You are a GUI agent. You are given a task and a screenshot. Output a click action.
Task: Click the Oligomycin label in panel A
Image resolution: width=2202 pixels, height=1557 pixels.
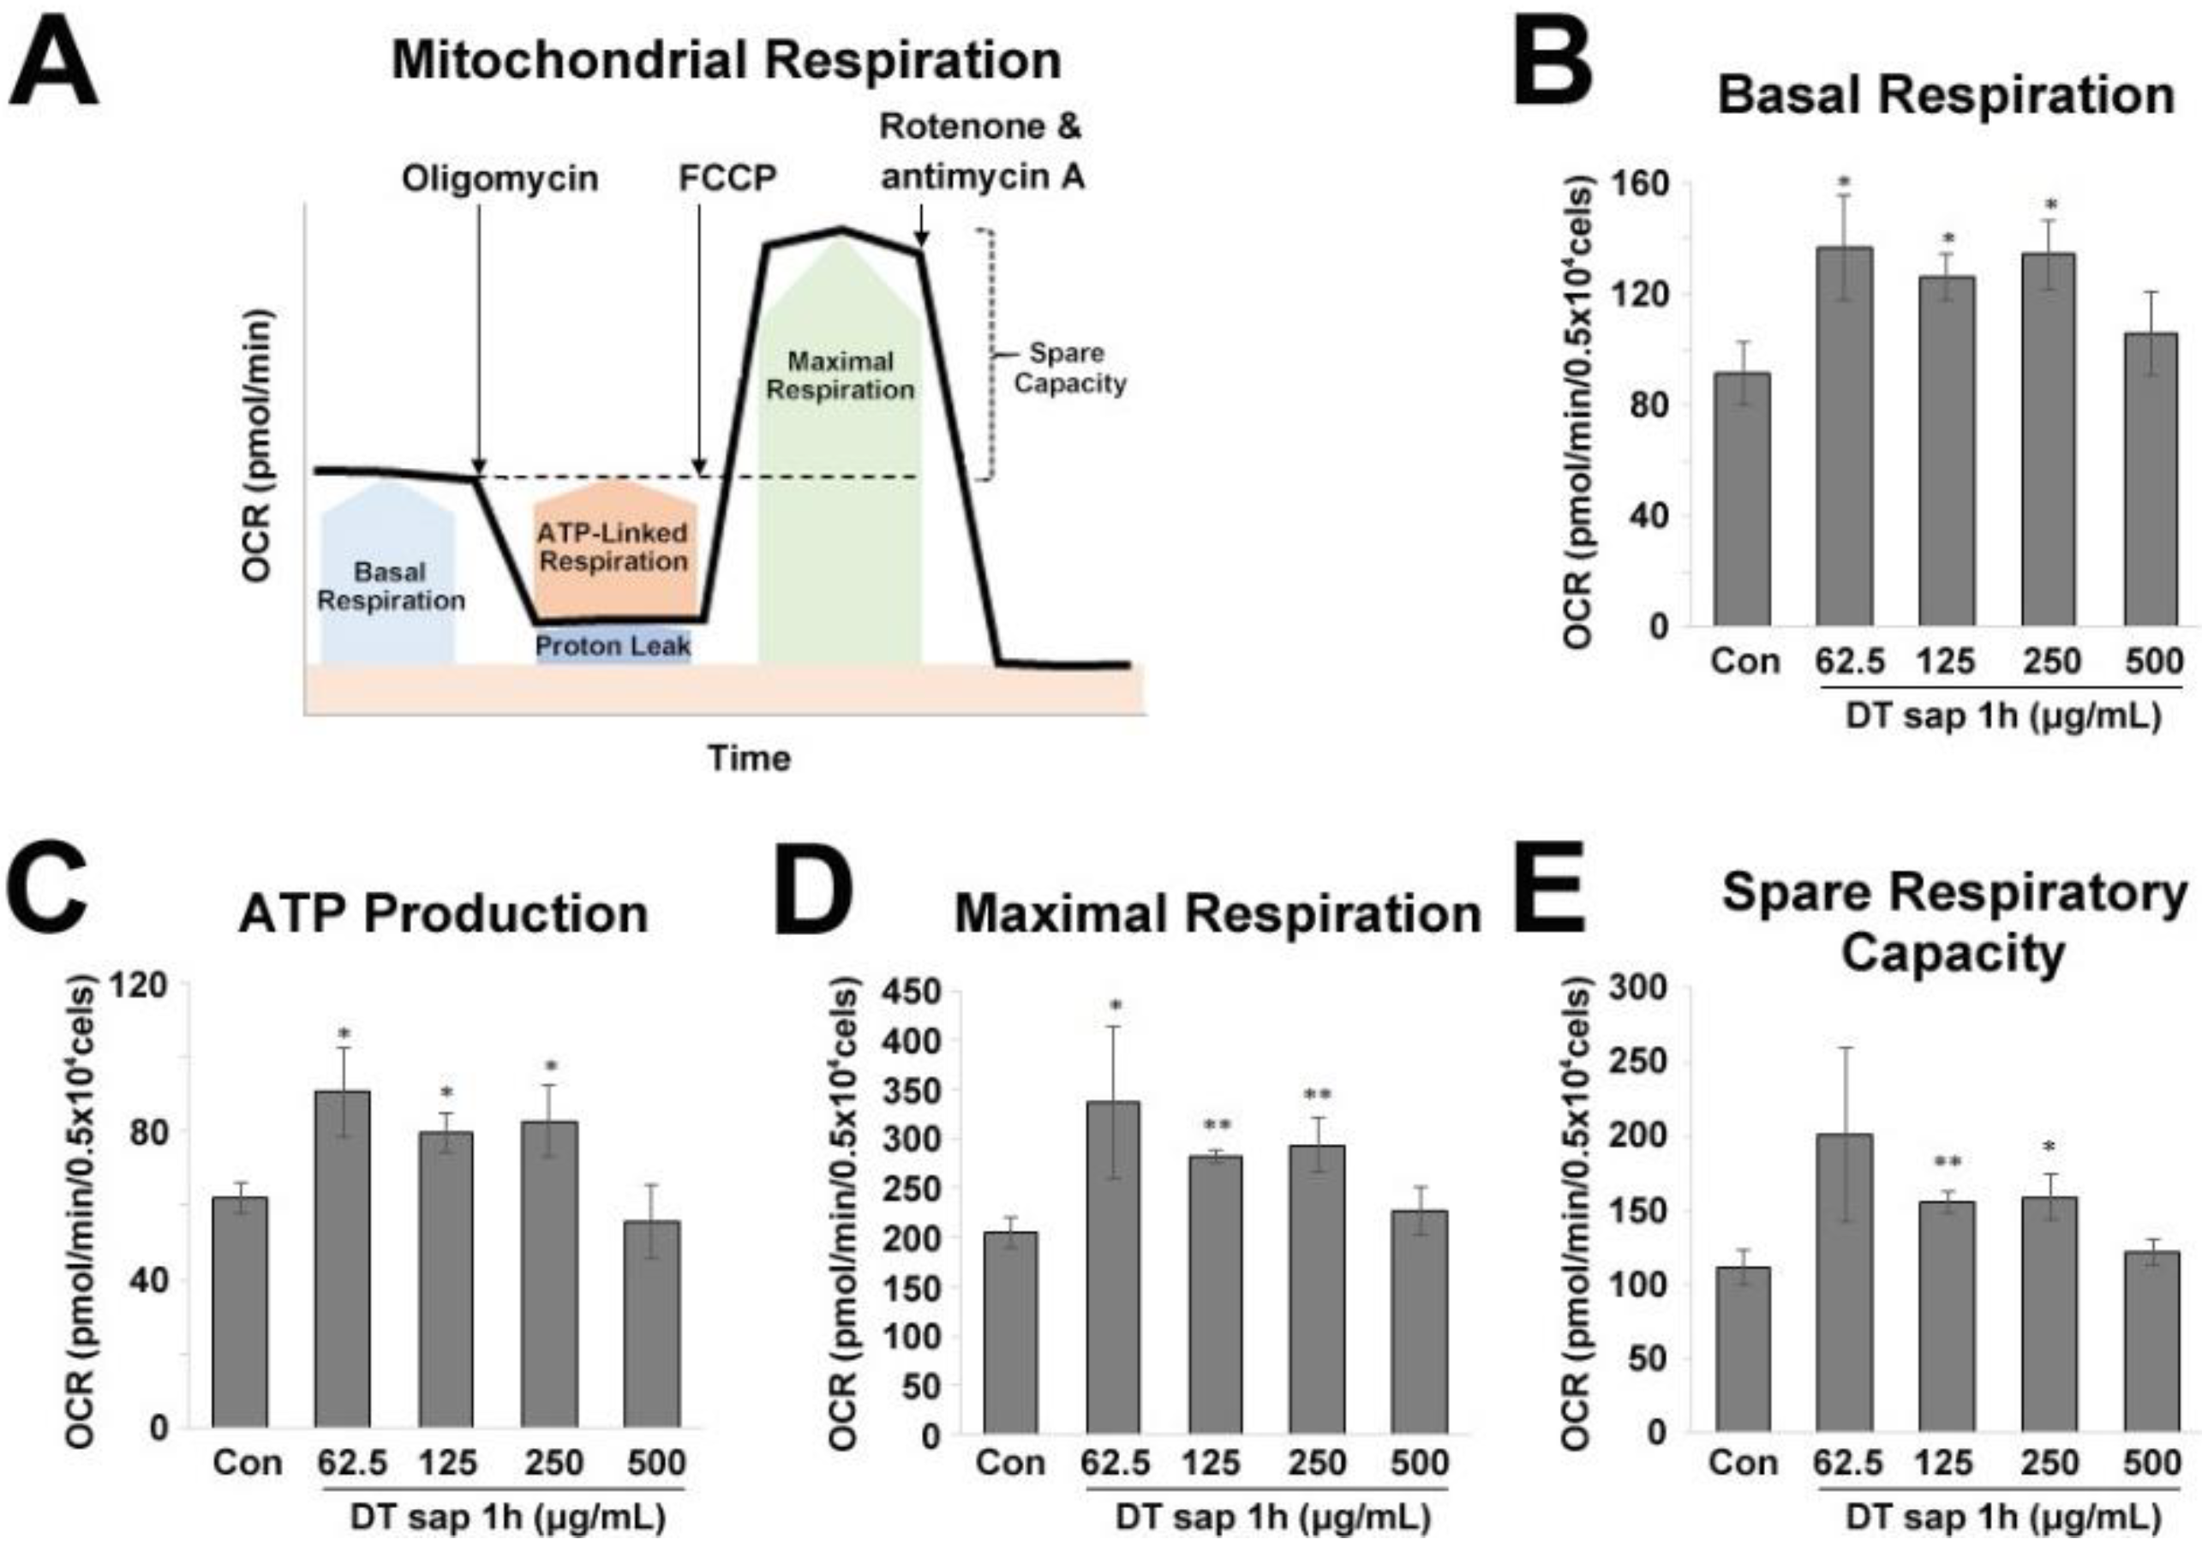coord(500,179)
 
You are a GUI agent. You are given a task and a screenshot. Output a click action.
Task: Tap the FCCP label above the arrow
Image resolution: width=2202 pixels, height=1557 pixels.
coord(727,179)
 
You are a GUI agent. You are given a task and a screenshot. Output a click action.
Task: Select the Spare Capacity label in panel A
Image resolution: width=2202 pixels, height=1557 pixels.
coord(1068,368)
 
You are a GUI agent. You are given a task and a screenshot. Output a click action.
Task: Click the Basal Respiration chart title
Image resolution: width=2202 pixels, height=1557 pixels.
coord(1945,97)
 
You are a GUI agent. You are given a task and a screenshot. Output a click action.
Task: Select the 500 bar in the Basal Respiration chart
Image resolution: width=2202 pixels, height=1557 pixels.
coord(2151,480)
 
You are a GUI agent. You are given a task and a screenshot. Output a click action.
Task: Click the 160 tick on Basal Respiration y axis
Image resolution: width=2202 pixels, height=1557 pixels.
coord(1644,183)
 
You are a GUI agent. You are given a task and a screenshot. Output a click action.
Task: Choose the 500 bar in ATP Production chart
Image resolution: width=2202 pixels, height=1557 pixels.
coord(651,1323)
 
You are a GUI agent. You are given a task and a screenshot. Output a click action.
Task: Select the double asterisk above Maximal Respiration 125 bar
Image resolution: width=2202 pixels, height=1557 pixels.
coord(1215,1125)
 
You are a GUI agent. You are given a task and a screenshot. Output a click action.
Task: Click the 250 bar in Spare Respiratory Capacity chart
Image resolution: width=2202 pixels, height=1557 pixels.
coord(2049,1314)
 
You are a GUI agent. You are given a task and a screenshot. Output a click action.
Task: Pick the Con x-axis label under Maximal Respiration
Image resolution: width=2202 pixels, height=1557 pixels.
coord(1010,1463)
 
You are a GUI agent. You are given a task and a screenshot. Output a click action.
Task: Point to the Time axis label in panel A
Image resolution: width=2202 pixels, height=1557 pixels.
coord(749,759)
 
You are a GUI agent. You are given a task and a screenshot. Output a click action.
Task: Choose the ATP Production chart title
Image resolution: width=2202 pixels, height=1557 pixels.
coord(443,914)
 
